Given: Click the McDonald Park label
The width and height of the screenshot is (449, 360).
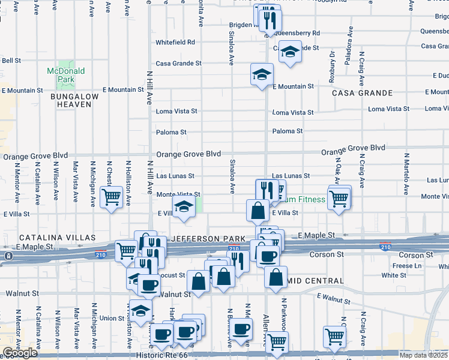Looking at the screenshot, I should pyautogui.click(x=65, y=75).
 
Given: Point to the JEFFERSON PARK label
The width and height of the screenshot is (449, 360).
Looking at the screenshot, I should pyautogui.click(x=200, y=238).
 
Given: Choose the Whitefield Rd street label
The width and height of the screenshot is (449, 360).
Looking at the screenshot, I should pyautogui.click(x=175, y=43).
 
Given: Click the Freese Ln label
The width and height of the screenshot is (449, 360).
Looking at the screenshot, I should pyautogui.click(x=408, y=266).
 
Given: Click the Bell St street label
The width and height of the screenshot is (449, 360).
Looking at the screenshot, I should pyautogui.click(x=11, y=61).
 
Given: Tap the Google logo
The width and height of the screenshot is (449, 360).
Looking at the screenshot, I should pyautogui.click(x=20, y=353).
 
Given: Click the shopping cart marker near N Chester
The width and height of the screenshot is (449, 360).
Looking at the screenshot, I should pyautogui.click(x=111, y=196).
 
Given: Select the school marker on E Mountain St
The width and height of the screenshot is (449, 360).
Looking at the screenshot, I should pyautogui.click(x=261, y=74).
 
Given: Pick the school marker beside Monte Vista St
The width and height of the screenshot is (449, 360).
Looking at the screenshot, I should pyautogui.click(x=183, y=208).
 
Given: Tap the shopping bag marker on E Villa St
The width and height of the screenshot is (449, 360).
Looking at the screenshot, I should pyautogui.click(x=258, y=211).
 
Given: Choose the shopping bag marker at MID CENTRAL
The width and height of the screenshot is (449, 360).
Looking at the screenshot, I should pyautogui.click(x=276, y=278).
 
